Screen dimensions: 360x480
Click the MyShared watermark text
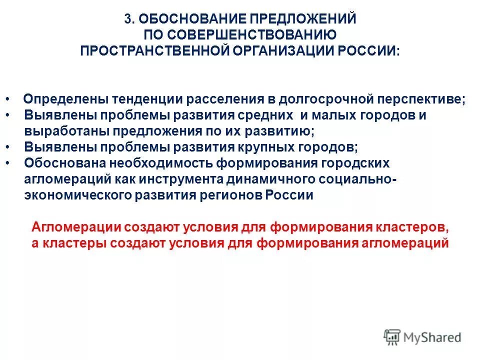click(x=432, y=337)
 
